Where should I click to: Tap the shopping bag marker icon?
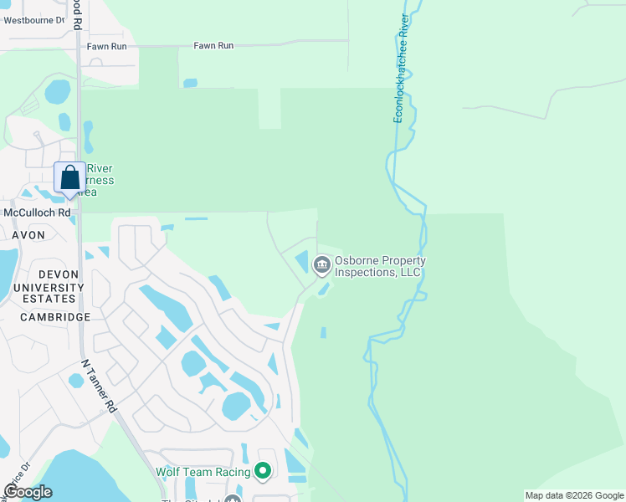[70, 177]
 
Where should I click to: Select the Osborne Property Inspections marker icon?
[321, 265]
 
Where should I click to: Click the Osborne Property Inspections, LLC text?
[380, 267]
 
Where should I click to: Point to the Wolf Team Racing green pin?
[263, 472]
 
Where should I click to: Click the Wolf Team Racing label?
[203, 473]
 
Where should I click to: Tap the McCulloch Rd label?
[37, 213]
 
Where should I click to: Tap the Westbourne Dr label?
[33, 19]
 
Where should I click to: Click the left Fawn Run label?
[106, 47]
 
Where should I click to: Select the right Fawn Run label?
[213, 46]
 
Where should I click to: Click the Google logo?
[28, 492]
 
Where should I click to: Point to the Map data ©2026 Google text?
[574, 495]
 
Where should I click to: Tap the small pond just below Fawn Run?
[190, 83]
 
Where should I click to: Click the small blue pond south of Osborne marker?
[323, 332]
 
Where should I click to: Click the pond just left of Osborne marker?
[302, 262]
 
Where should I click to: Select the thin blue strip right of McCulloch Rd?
[196, 219]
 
